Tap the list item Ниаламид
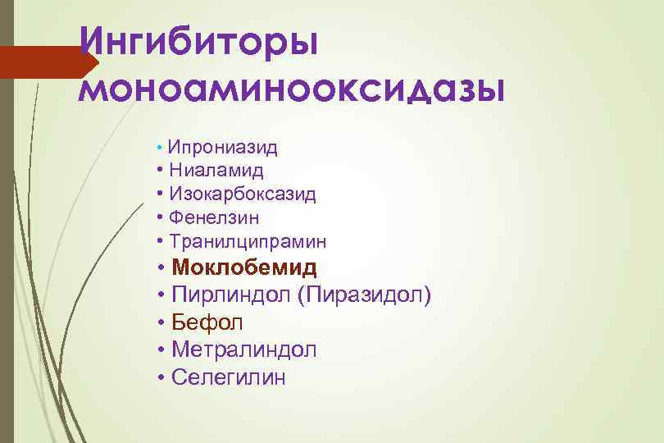pos(216,171)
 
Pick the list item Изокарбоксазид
pos(243,194)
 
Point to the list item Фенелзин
pos(214,218)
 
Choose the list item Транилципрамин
pos(248,242)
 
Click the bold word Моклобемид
pos(245,267)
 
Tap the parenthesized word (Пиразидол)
pos(365,295)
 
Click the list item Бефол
pos(208,322)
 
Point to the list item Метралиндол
pos(244,349)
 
